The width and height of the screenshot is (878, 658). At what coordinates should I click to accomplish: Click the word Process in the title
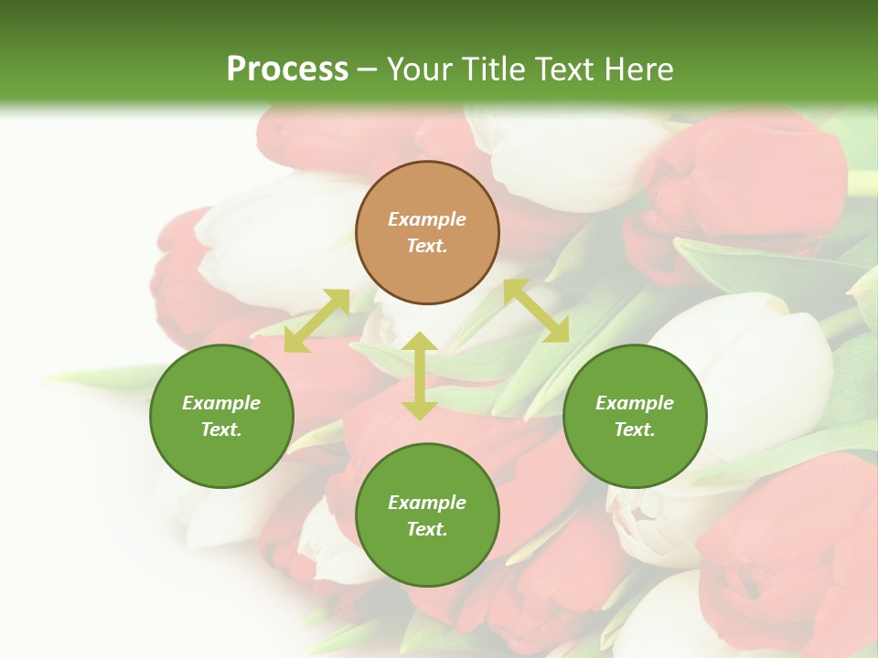(x=287, y=69)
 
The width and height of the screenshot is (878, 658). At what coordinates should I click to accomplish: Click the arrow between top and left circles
(x=316, y=320)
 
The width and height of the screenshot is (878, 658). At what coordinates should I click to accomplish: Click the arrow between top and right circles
(x=536, y=311)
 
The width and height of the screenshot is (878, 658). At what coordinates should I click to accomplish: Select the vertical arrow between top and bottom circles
(x=419, y=376)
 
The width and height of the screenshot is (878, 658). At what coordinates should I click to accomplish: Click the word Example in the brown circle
(x=427, y=219)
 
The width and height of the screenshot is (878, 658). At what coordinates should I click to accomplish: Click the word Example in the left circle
(x=221, y=403)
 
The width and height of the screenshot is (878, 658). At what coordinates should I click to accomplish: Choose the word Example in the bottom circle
(x=427, y=503)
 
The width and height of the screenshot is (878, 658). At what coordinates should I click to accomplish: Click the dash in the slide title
(x=368, y=69)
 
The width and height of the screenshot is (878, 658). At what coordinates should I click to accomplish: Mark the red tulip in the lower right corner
(x=787, y=557)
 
